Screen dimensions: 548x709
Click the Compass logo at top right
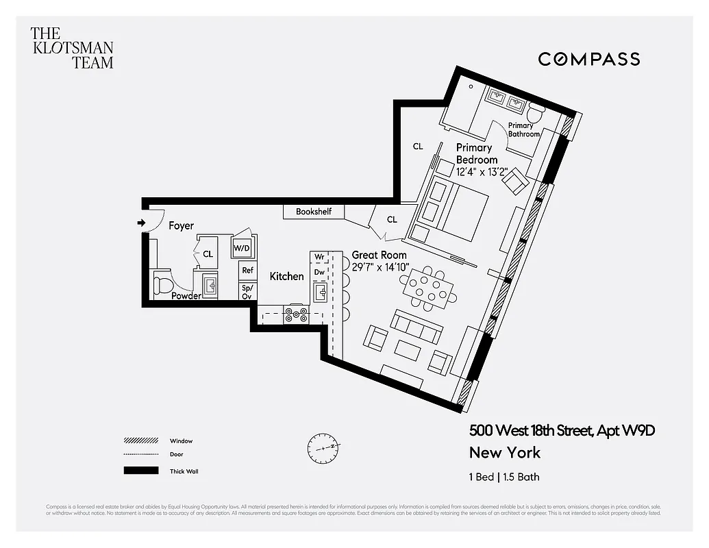(x=588, y=59)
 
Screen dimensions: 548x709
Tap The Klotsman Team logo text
(x=72, y=48)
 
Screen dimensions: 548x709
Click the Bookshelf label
(x=314, y=212)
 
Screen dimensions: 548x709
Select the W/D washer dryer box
(x=242, y=248)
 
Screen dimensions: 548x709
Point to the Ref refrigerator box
(x=247, y=271)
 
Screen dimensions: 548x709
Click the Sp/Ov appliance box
(x=247, y=292)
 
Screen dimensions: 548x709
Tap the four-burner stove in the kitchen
(x=297, y=315)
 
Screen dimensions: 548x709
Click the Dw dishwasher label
(x=319, y=272)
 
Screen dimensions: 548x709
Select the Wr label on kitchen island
(x=319, y=257)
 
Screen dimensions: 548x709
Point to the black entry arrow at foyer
(x=141, y=223)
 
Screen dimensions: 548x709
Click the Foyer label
(x=181, y=225)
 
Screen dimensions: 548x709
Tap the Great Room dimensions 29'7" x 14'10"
(x=380, y=267)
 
